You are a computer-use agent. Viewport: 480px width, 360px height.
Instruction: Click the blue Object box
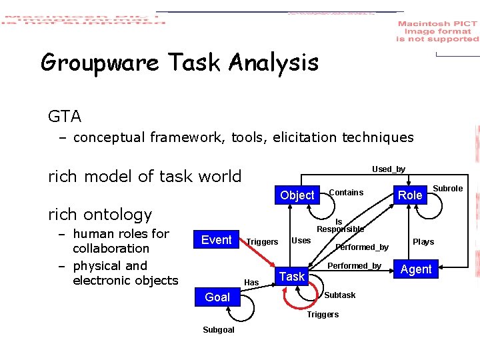(x=297, y=195)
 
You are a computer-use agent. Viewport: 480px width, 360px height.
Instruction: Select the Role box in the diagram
(x=410, y=195)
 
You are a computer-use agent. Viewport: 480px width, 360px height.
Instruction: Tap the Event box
(x=216, y=240)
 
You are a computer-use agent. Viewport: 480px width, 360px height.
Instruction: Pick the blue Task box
(x=291, y=276)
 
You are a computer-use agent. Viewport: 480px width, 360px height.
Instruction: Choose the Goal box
(x=217, y=297)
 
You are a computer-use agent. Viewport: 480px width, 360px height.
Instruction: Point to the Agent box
(x=416, y=269)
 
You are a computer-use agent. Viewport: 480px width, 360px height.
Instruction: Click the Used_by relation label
(x=389, y=169)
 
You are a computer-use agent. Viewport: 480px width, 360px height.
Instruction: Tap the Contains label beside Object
(x=346, y=193)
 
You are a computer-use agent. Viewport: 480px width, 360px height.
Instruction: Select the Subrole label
(x=448, y=189)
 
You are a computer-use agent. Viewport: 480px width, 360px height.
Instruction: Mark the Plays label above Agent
(x=423, y=242)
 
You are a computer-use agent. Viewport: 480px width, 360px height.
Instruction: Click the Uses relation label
(x=301, y=241)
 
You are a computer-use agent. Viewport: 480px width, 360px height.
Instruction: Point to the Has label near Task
(x=251, y=283)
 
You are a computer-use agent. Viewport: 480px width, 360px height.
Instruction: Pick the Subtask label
(x=339, y=295)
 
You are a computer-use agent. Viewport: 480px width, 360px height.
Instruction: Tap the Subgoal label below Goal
(x=219, y=330)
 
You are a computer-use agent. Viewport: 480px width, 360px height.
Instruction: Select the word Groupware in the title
(x=100, y=63)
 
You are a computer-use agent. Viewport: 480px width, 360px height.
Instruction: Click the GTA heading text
(x=65, y=117)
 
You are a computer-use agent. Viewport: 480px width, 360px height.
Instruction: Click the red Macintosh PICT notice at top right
(x=437, y=31)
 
